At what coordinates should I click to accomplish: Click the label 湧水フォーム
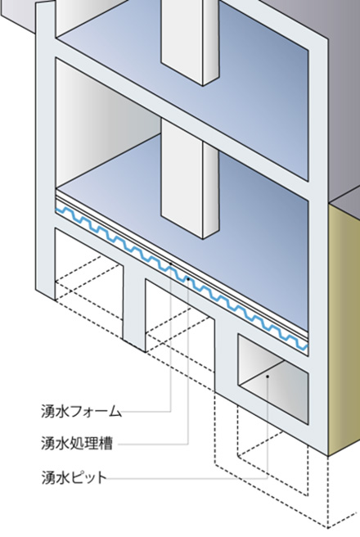pos(82,411)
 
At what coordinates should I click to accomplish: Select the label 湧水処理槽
pos(77,444)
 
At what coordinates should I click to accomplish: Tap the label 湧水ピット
pos(74,477)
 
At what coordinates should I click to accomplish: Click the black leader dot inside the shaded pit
pos(268,377)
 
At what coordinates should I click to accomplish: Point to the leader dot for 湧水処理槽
pos(188,279)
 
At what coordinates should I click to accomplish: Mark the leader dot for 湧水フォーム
pos(171,264)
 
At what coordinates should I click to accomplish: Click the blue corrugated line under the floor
pos(182,278)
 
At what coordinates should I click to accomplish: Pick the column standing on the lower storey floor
pos(190,180)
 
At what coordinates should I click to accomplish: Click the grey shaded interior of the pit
pos(273,379)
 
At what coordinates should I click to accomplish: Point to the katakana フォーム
pos(97,411)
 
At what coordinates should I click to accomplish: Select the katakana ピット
pos(89,477)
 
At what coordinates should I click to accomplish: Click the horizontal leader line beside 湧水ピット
pos(187,479)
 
